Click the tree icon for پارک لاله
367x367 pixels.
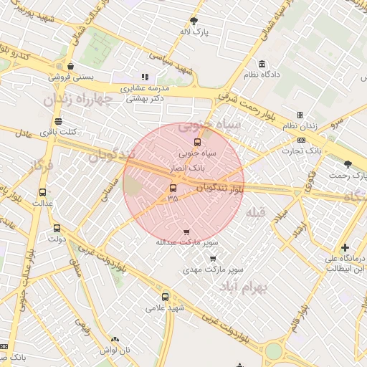(x=194, y=21)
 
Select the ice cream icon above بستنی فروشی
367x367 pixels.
(x=70, y=65)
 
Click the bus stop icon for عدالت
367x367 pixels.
(x=42, y=192)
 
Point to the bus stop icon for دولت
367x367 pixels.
(x=57, y=229)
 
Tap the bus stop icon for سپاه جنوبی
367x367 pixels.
(x=198, y=142)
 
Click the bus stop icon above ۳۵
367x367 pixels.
(x=172, y=188)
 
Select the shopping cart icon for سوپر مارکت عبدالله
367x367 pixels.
(x=187, y=232)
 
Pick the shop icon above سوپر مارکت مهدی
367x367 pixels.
(x=213, y=259)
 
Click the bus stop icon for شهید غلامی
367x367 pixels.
(x=166, y=297)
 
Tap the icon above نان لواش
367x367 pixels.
(x=115, y=339)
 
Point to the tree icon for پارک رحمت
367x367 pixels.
(x=348, y=164)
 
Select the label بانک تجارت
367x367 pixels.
(x=303, y=151)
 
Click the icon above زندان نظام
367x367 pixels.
(x=300, y=115)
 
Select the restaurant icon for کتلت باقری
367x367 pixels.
(x=58, y=121)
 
